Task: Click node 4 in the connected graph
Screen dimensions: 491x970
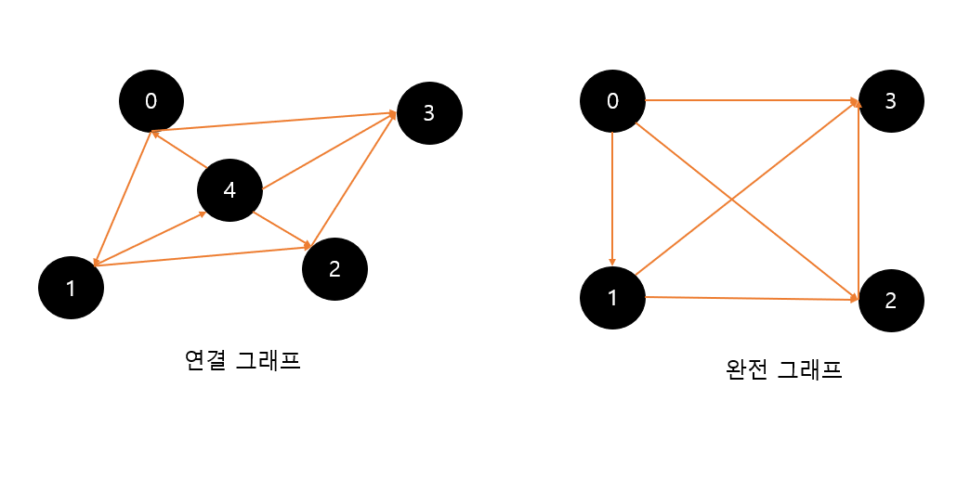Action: pos(229,190)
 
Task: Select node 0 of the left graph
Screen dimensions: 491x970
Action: pos(151,100)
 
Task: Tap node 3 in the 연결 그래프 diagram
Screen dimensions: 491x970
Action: pos(429,113)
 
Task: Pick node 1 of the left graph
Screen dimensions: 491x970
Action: pos(71,288)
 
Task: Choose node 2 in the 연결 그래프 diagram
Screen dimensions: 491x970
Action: pos(335,269)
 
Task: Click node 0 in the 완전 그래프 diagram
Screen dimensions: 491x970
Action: pos(612,100)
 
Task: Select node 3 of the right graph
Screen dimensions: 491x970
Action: pos(891,100)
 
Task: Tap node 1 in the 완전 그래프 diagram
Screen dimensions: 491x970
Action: pos(612,298)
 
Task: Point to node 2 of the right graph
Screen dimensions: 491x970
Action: pos(891,300)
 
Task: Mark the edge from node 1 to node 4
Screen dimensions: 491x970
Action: pos(149,239)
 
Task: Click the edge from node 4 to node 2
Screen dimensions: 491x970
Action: pos(282,231)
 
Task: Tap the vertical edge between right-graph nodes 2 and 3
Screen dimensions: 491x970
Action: pos(858,200)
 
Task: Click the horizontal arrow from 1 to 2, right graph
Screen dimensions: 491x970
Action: pos(751,298)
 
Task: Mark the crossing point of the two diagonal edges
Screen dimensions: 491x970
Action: pos(734,201)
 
